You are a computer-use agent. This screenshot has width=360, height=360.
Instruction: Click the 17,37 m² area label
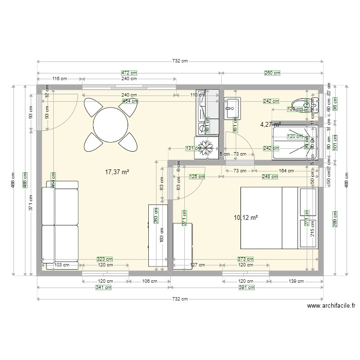(118, 171)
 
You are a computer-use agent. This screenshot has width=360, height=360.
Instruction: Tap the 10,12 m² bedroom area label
(246, 217)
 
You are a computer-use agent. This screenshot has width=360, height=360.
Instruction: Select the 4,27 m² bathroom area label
(270, 124)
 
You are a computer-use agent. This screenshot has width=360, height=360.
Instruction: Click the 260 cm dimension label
(272, 73)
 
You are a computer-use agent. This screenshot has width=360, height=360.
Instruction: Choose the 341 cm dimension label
(104, 288)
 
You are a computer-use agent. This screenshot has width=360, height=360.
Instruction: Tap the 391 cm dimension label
(245, 288)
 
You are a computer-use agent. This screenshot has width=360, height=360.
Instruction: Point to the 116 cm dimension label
(60, 79)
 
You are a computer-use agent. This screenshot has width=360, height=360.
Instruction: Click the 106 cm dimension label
(149, 282)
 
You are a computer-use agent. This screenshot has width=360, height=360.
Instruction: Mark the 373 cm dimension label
(246, 259)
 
